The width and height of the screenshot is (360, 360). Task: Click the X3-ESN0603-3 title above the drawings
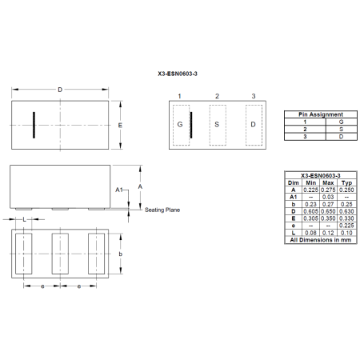pyautogui.click(x=179, y=71)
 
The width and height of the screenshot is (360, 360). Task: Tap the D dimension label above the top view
pyautogui.click(x=60, y=90)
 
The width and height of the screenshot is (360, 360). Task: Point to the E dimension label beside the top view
pyautogui.click(x=119, y=126)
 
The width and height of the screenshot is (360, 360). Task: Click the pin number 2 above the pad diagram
pyautogui.click(x=216, y=96)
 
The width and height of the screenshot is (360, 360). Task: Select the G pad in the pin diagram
pyautogui.click(x=180, y=125)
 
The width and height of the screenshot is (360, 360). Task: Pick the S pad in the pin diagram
pyautogui.click(x=216, y=125)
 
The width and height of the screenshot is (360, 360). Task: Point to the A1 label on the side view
pyautogui.click(x=118, y=189)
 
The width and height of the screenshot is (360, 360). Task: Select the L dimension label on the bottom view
pyautogui.click(x=25, y=218)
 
